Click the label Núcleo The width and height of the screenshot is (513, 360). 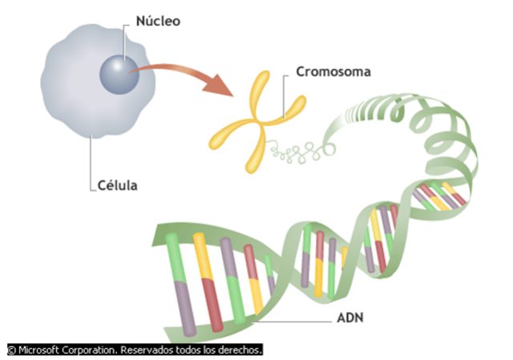[x=158, y=20]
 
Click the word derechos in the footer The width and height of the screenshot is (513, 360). [x=240, y=350]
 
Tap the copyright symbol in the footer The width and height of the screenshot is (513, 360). [x=11, y=350]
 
